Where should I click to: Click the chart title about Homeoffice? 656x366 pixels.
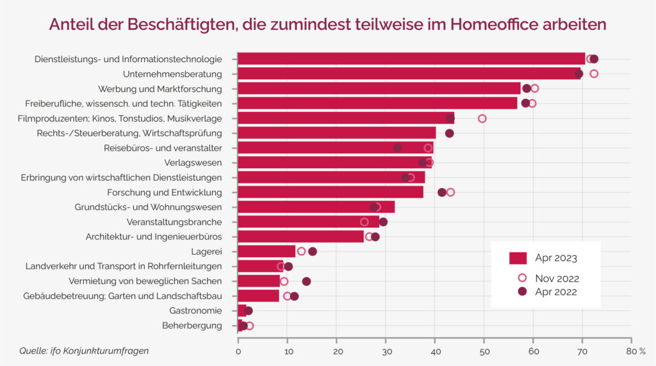click(x=327, y=25)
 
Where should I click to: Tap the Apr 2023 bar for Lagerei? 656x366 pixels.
click(x=266, y=251)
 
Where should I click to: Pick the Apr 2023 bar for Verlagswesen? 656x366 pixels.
click(x=333, y=163)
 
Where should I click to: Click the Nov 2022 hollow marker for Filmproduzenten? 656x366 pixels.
click(x=482, y=118)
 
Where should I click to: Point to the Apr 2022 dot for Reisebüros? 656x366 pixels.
click(x=398, y=148)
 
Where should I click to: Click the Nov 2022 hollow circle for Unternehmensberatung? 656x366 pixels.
click(x=594, y=74)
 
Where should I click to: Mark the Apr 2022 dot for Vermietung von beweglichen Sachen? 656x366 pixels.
click(x=306, y=282)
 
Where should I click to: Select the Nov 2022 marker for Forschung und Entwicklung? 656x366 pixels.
click(x=450, y=192)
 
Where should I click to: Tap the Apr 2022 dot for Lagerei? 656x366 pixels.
click(x=313, y=251)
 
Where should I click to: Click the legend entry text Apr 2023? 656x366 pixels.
click(x=556, y=259)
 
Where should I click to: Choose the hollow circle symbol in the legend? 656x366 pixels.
click(x=522, y=278)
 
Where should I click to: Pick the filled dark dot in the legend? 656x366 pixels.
click(x=522, y=292)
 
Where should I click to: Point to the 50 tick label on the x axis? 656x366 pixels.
click(x=484, y=351)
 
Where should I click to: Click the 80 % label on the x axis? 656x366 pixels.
click(x=636, y=351)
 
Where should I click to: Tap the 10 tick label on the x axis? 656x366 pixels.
click(x=288, y=351)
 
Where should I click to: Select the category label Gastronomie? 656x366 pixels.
click(x=195, y=311)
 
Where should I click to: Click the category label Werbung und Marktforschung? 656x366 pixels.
click(x=160, y=89)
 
